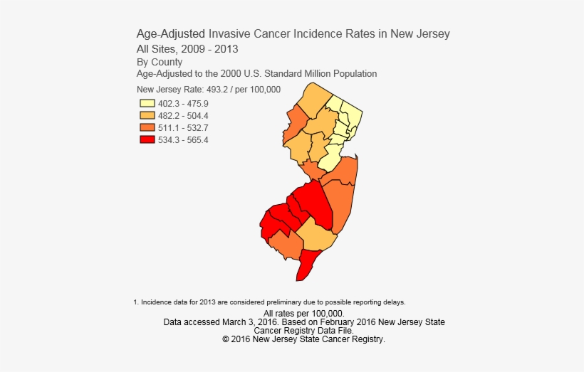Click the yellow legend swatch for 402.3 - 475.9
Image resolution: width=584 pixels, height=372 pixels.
coord(147,103)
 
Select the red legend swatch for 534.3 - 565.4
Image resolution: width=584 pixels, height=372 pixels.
coord(147,139)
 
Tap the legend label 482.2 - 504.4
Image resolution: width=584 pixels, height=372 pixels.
coord(183,115)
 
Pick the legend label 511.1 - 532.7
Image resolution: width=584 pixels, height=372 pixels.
coord(183,127)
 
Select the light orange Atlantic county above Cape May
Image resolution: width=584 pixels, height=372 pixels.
coord(314,235)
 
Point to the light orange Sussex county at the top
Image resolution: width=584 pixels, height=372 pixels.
coord(313,100)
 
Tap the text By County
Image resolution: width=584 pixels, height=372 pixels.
coord(160,62)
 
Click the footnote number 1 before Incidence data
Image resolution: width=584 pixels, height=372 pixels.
coord(135,302)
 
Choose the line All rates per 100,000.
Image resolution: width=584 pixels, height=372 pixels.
coord(304,314)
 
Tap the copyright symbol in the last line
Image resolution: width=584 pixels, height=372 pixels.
coord(226,340)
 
